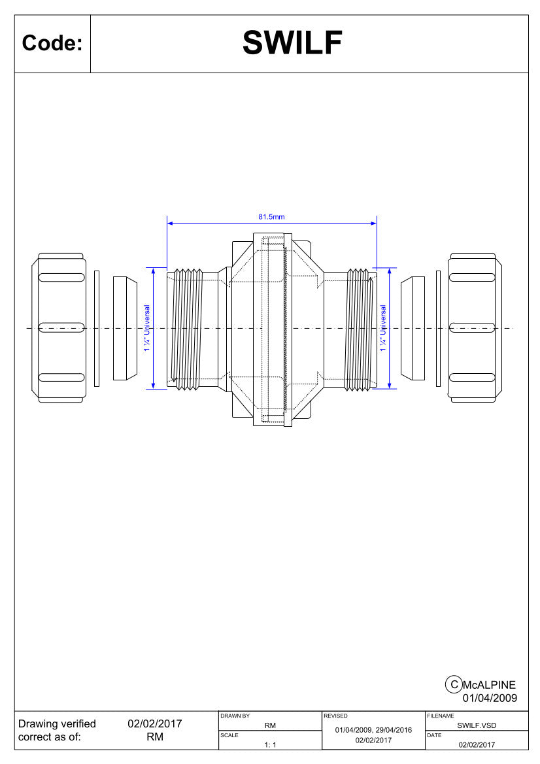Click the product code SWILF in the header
click(x=292, y=42)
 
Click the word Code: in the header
click(x=52, y=43)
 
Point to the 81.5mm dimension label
click(x=271, y=217)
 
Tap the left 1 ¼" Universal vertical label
click(x=147, y=328)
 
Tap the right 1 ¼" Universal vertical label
click(x=383, y=328)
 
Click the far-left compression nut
click(x=59, y=328)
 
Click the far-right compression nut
click(x=475, y=328)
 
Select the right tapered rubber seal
click(x=413, y=328)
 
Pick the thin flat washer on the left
click(x=97, y=329)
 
